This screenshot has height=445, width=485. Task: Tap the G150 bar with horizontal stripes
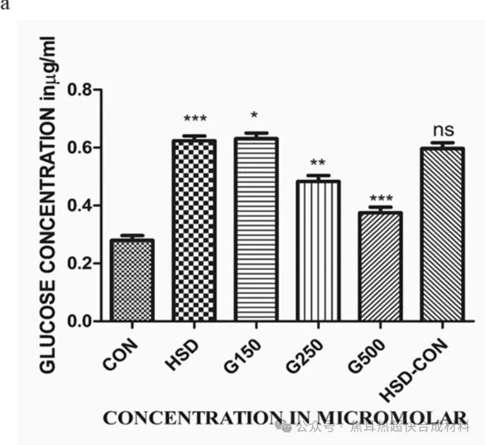pyautogui.click(x=256, y=229)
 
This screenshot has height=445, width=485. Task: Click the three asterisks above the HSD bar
pyautogui.click(x=194, y=120)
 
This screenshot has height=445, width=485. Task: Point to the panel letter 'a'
pyautogui.click(x=4, y=5)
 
